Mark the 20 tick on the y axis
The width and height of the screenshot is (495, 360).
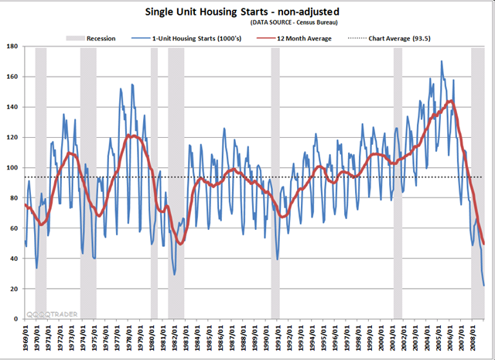pyautogui.click(x=12, y=289)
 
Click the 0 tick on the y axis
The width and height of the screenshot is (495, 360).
pyautogui.click(x=15, y=319)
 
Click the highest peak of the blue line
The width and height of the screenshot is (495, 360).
pyautogui.click(x=442, y=61)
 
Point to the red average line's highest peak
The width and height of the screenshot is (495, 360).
pyautogui.click(x=450, y=101)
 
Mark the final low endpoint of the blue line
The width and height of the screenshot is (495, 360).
pyautogui.click(x=484, y=286)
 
